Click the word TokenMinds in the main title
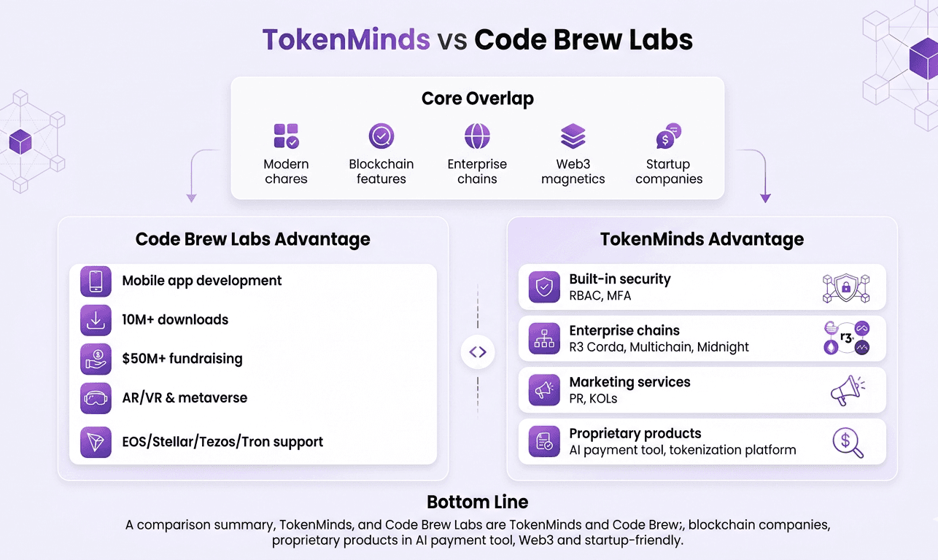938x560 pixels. pyautogui.click(x=346, y=39)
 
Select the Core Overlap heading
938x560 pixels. pyautogui.click(x=478, y=98)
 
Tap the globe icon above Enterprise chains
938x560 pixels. pyautogui.click(x=477, y=136)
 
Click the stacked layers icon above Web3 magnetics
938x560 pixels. pyautogui.click(x=573, y=136)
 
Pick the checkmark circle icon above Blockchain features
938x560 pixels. pyautogui.click(x=381, y=136)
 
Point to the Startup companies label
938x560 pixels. pyautogui.click(x=669, y=171)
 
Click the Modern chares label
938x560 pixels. pyautogui.click(x=286, y=171)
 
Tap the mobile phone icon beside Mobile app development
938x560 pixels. pyautogui.click(x=96, y=281)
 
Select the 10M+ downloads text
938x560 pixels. pyautogui.click(x=175, y=319)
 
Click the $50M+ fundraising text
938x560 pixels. pyautogui.click(x=182, y=359)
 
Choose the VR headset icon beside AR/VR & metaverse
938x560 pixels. pyautogui.click(x=96, y=398)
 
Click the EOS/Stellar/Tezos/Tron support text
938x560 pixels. pyautogui.click(x=222, y=442)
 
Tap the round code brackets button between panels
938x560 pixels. pyautogui.click(x=478, y=353)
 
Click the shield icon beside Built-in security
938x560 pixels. pyautogui.click(x=544, y=287)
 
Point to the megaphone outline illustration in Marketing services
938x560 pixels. pyautogui.click(x=847, y=391)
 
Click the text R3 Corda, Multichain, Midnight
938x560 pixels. pyautogui.click(x=659, y=347)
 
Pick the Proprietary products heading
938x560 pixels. pyautogui.click(x=635, y=433)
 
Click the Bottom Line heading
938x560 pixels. pyautogui.click(x=478, y=502)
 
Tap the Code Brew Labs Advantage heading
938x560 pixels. pyautogui.click(x=253, y=239)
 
